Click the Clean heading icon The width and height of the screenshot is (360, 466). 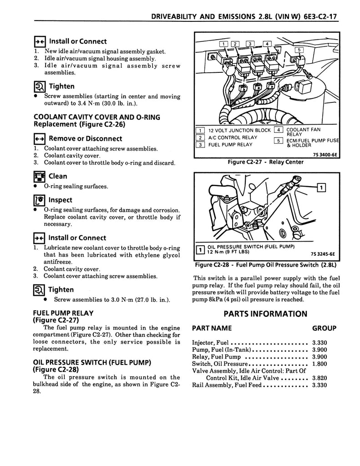point(40,176)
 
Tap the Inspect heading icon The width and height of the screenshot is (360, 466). point(40,200)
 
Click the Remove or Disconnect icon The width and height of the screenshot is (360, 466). point(40,139)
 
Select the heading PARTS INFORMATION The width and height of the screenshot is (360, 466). point(265,314)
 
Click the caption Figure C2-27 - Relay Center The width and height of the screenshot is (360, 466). point(265,162)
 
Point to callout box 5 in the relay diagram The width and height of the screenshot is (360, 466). point(299,50)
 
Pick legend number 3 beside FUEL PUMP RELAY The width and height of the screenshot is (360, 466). point(199,145)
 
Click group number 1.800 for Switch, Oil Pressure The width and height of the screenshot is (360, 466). point(319,364)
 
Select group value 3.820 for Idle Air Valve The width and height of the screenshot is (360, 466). point(319,377)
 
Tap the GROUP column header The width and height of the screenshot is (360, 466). point(324,328)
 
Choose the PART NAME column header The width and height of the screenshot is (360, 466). point(212,328)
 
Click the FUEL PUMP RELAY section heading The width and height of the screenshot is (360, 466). point(64,313)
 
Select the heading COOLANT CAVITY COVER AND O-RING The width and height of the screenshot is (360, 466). point(97,117)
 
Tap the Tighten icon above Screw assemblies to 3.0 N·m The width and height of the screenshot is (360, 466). point(40,289)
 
